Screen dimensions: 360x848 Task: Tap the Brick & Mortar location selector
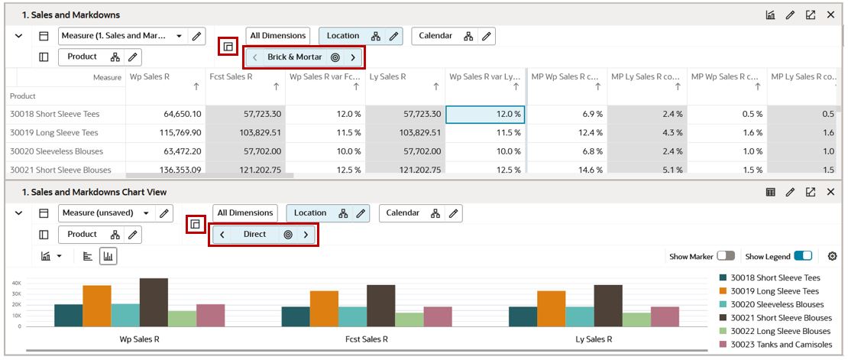click(x=295, y=57)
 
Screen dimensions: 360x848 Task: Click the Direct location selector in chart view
click(x=255, y=235)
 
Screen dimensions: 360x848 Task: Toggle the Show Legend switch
click(x=802, y=256)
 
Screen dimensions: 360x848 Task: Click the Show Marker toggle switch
click(x=726, y=256)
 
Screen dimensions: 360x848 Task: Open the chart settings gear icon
click(x=832, y=256)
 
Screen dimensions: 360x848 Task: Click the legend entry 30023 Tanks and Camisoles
click(x=781, y=345)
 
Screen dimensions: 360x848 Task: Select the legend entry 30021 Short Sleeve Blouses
click(x=781, y=318)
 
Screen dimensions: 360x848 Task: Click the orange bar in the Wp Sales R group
click(x=97, y=306)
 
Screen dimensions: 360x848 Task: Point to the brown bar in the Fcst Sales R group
click(x=380, y=306)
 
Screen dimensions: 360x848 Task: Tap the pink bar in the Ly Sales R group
click(x=665, y=316)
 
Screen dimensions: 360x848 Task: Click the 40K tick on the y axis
click(x=16, y=283)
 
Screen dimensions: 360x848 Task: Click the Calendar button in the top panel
click(x=435, y=36)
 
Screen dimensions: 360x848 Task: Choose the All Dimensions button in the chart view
click(x=245, y=213)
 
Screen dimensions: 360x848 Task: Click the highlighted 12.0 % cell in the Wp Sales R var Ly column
click(x=484, y=114)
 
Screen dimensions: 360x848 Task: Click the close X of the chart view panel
click(x=830, y=192)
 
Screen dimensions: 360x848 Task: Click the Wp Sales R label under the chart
click(x=140, y=339)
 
